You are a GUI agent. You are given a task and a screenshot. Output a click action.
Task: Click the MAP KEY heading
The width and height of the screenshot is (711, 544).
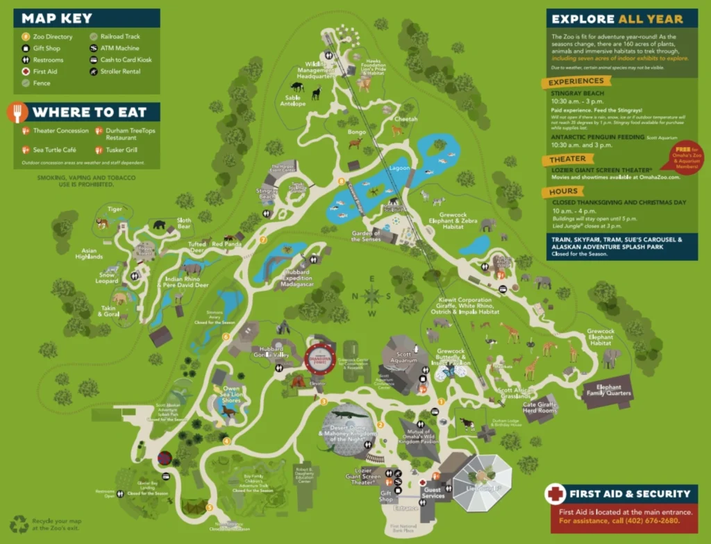56,18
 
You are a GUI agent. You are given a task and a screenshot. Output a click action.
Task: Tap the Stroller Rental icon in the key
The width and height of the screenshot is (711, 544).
94,71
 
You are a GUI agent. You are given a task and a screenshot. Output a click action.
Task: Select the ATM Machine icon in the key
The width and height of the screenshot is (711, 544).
94,49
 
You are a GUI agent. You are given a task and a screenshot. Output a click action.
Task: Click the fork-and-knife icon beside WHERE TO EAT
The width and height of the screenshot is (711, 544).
19,112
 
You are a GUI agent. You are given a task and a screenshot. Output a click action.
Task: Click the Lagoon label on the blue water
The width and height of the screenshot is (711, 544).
400,168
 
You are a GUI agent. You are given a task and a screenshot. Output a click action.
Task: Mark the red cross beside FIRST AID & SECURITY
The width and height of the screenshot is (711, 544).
555,494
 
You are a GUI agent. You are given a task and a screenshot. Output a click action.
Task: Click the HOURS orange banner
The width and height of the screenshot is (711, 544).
563,192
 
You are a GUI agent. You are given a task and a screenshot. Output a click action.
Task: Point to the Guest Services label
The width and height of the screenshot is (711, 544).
433,492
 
